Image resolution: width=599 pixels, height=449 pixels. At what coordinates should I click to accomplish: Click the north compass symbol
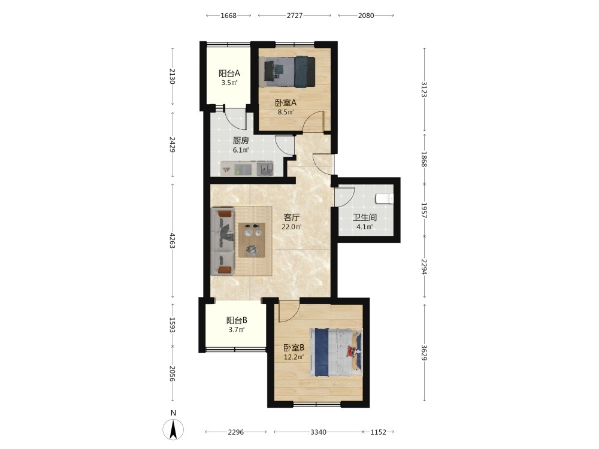173,429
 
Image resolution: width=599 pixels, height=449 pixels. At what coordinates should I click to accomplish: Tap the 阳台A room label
229,73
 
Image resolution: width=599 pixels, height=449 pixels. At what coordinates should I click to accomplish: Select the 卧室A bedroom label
286,103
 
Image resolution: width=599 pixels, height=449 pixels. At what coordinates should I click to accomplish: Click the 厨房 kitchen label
241,141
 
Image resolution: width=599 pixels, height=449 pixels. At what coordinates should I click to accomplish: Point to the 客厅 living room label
292,218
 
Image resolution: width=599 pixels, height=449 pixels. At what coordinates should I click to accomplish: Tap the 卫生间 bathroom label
365,218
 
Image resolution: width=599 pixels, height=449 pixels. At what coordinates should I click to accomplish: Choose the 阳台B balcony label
237,320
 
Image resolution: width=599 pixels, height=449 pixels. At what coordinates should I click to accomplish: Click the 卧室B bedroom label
294,348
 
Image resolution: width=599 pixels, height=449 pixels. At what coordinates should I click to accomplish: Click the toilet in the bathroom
385,199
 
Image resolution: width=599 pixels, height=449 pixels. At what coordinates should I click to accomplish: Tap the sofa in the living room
222,241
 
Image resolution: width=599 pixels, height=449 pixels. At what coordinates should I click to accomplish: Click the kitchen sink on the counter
265,168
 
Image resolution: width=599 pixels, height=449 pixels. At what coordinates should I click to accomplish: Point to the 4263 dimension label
173,241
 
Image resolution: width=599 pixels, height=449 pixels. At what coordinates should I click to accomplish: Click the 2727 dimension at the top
295,16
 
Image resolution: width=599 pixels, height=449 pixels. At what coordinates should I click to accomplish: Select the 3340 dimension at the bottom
318,432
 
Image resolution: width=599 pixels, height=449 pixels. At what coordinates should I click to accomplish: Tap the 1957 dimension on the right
424,210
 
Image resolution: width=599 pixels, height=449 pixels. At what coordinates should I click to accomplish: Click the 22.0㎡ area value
292,227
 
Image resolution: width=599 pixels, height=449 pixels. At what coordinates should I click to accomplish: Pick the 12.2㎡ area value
294,357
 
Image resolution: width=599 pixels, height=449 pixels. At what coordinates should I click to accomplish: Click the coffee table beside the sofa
252,240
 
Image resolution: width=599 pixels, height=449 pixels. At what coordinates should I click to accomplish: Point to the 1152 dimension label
378,432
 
